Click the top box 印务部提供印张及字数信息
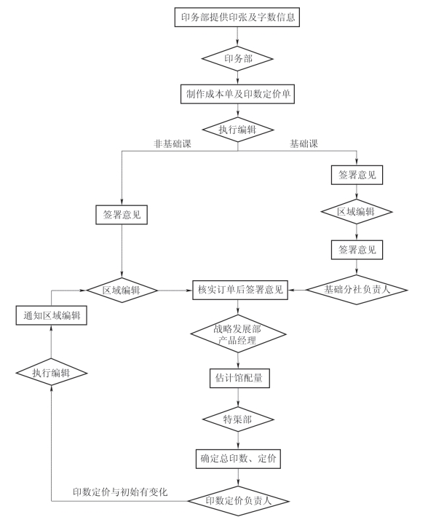click(x=237, y=17)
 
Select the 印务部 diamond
click(x=237, y=59)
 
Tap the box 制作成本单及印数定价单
click(x=237, y=94)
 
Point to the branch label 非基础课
click(x=173, y=144)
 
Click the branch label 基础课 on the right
click(x=304, y=144)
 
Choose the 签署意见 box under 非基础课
click(x=122, y=215)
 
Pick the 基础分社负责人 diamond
click(x=357, y=290)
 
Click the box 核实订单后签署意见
click(x=240, y=290)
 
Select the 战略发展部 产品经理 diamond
click(x=238, y=333)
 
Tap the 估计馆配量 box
click(x=239, y=379)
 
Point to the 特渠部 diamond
click(x=238, y=419)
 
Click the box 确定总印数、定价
click(x=238, y=459)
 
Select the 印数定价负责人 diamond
click(x=238, y=501)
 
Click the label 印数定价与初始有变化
click(x=120, y=492)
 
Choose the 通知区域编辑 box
click(x=52, y=315)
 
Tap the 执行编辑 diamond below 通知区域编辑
click(x=52, y=372)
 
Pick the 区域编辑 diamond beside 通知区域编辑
click(x=122, y=291)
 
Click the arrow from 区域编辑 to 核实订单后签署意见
click(x=175, y=291)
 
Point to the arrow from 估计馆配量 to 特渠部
click(x=238, y=398)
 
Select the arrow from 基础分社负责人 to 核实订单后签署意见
click(x=297, y=290)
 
